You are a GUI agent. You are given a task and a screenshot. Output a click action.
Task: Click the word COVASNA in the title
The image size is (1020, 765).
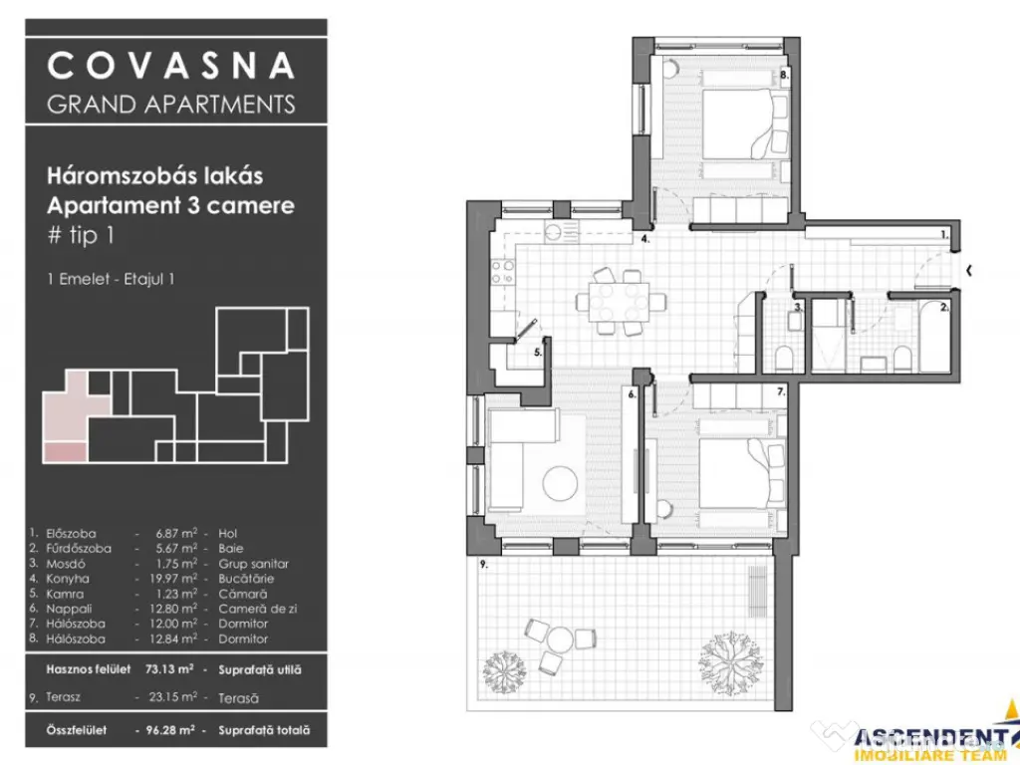(171, 66)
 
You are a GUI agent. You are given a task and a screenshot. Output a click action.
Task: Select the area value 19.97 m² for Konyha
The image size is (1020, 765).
(164, 579)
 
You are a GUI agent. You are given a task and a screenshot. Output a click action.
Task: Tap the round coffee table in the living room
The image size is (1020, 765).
(560, 483)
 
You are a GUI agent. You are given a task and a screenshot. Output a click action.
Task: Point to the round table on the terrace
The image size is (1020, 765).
(560, 638)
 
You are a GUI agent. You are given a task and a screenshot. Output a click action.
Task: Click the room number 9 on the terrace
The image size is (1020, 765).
(484, 564)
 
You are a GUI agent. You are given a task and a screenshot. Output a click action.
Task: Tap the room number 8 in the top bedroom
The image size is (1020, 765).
(785, 75)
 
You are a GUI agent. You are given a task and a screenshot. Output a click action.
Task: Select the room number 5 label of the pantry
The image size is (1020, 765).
(538, 352)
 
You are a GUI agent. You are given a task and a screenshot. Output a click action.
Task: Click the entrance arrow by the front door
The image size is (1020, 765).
(971, 269)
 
